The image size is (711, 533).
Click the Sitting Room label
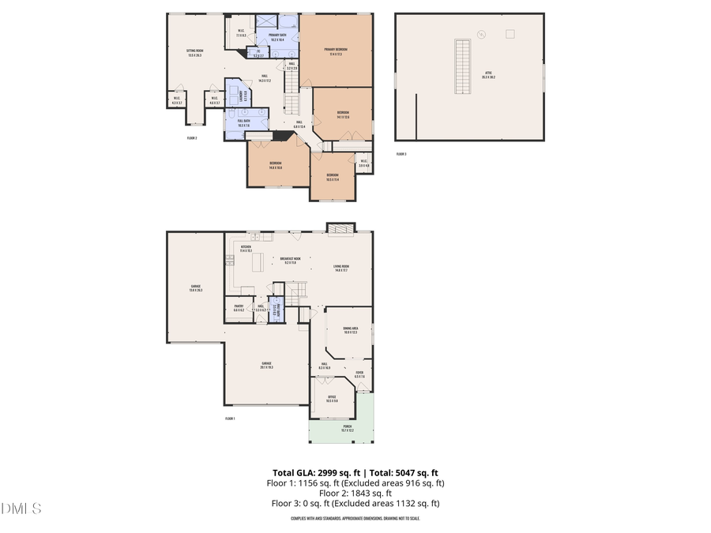pos(194,52)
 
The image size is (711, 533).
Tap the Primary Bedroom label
pos(336,51)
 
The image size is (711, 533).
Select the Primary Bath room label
pos(277,37)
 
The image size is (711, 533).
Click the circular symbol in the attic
pos(481,34)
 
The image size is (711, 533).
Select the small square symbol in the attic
pos(510,33)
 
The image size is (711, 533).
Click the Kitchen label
pos(246,249)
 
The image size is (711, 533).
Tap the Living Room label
pos(340,268)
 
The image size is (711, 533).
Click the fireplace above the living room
pos(341,228)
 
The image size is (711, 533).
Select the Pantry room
pos(238,309)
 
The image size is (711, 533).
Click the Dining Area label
pos(350,330)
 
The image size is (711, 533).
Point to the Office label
pos(332,399)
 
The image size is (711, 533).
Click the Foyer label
pos(359,375)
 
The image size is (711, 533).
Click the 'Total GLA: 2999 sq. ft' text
pos(313,472)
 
